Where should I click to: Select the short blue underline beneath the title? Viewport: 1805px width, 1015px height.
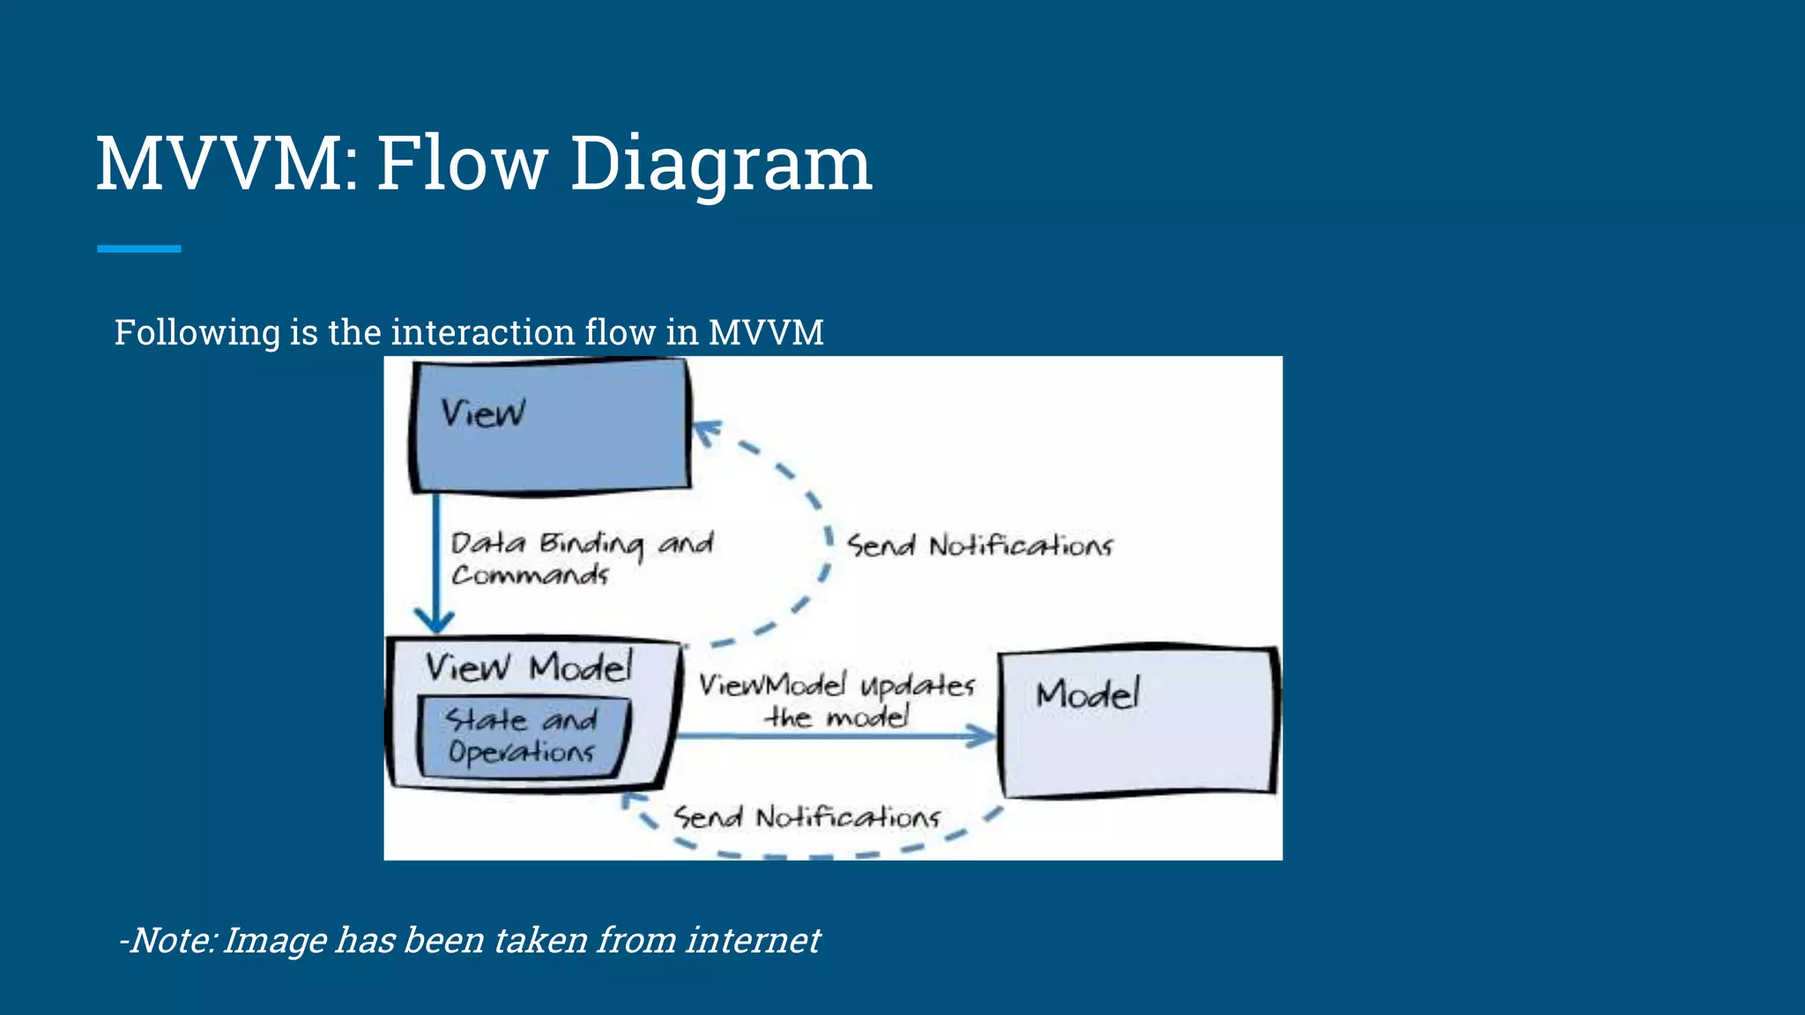click(x=139, y=249)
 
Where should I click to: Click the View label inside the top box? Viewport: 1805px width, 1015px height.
click(x=483, y=413)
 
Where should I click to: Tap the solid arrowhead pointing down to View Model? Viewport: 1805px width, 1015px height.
click(x=435, y=621)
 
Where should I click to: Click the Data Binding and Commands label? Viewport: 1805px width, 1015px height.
click(x=582, y=558)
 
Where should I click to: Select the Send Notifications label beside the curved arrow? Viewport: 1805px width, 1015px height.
click(x=979, y=546)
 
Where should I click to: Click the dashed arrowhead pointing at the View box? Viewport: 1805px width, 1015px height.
click(x=705, y=431)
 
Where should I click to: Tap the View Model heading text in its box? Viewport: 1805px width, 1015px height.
click(x=529, y=667)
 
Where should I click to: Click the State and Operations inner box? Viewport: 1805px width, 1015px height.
click(x=524, y=737)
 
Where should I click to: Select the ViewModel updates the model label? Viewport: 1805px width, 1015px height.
click(x=836, y=700)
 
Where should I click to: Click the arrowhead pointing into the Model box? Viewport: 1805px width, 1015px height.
click(x=980, y=736)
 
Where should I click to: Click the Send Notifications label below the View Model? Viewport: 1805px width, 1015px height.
click(x=806, y=818)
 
